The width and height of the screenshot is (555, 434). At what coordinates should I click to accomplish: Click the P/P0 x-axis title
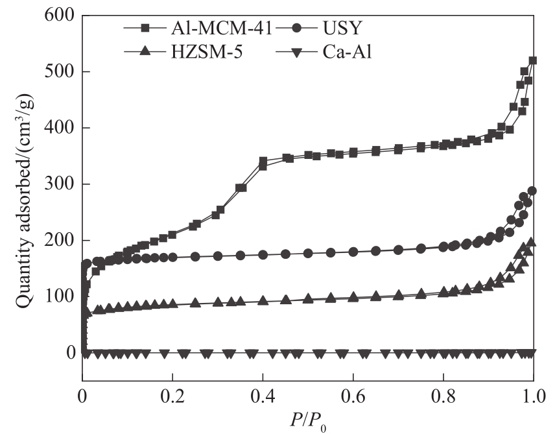click(308, 421)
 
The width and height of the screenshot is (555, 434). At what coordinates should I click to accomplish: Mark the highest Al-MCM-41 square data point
click(533, 60)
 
